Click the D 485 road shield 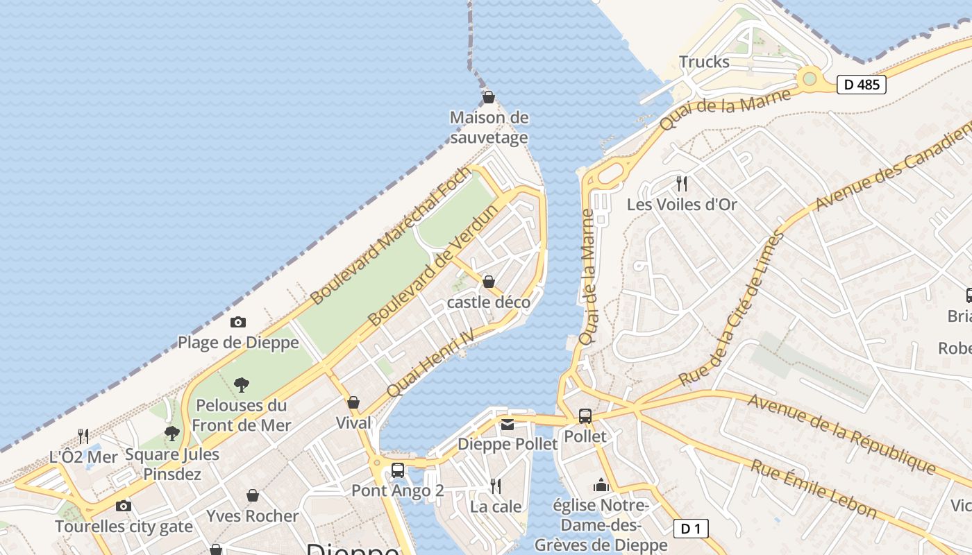click(x=862, y=85)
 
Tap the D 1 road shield click(x=691, y=529)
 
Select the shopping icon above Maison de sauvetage click(x=489, y=97)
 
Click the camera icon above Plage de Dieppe click(x=238, y=322)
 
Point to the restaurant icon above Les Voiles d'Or click(x=682, y=184)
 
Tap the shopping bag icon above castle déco click(x=489, y=282)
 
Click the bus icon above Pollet click(x=585, y=416)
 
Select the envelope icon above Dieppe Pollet click(x=508, y=424)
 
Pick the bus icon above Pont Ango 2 click(x=398, y=470)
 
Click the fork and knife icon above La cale click(x=496, y=486)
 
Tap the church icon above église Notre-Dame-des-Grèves click(x=601, y=485)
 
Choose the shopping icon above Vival click(x=353, y=402)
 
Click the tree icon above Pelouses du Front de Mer click(x=242, y=384)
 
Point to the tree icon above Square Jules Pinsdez click(x=172, y=434)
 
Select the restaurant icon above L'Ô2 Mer click(x=83, y=436)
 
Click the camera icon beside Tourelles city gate click(x=124, y=506)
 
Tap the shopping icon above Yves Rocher click(x=253, y=495)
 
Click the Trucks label click(x=704, y=62)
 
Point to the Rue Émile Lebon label click(x=813, y=488)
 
